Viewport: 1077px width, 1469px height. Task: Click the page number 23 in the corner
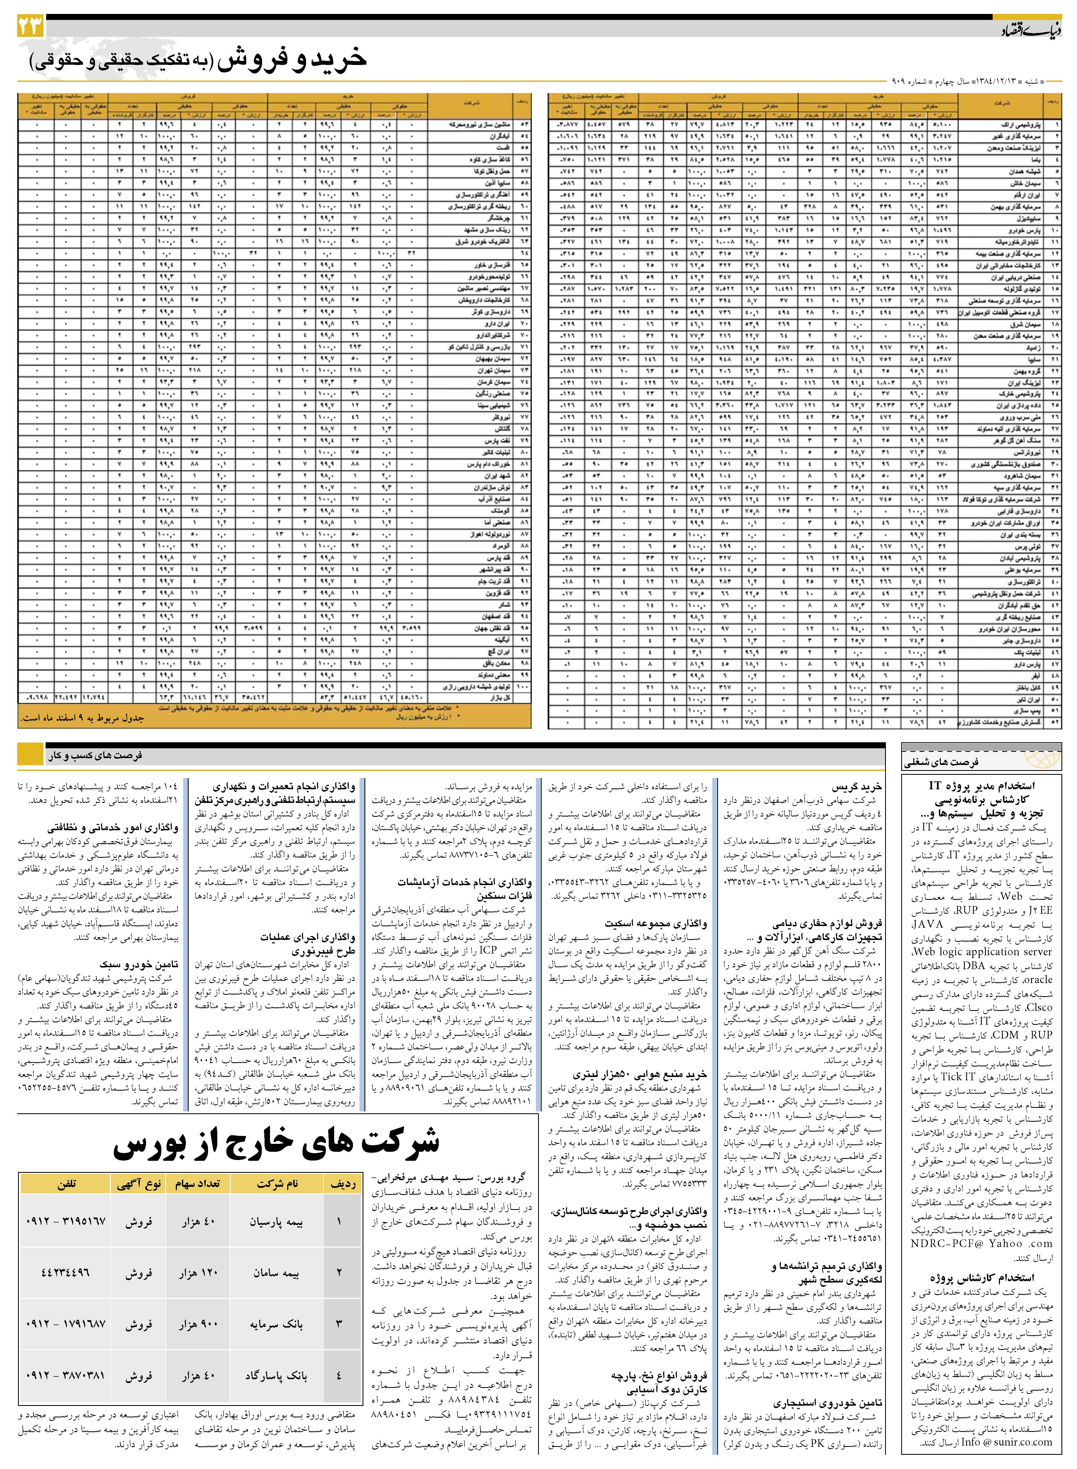(x=31, y=26)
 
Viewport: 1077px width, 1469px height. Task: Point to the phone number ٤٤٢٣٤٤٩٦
(x=65, y=1273)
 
